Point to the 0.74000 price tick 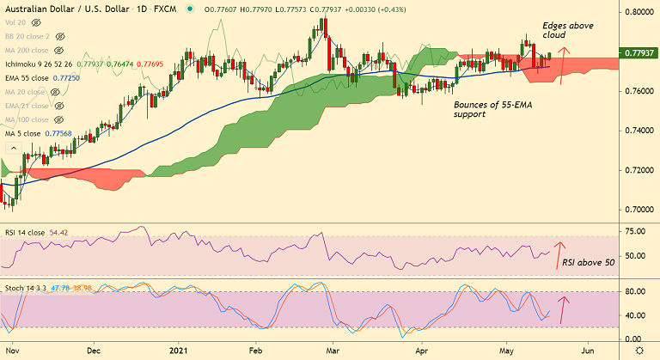pos(639,131)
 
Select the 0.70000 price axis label pos(639,210)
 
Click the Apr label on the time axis pos(422,351)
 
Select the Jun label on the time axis pos(587,351)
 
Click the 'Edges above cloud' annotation pos(568,32)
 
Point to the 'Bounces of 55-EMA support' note pos(488,108)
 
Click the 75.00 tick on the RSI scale pos(637,232)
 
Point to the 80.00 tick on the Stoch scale pos(637,293)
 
